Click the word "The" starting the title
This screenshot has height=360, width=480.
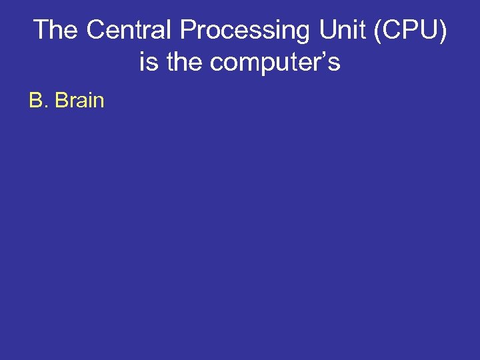pos(56,30)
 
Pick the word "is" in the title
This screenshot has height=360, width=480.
pos(148,62)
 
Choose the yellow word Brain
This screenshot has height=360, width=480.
pos(79,101)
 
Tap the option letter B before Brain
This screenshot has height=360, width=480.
pos(35,101)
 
